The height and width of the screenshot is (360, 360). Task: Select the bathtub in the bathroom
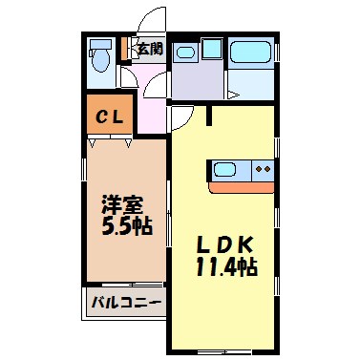(249, 53)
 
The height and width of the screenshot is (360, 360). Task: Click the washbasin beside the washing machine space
(184, 52)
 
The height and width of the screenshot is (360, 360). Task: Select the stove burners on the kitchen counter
(263, 170)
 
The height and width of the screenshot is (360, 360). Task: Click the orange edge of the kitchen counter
(244, 186)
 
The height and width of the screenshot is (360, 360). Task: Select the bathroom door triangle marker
(233, 94)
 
